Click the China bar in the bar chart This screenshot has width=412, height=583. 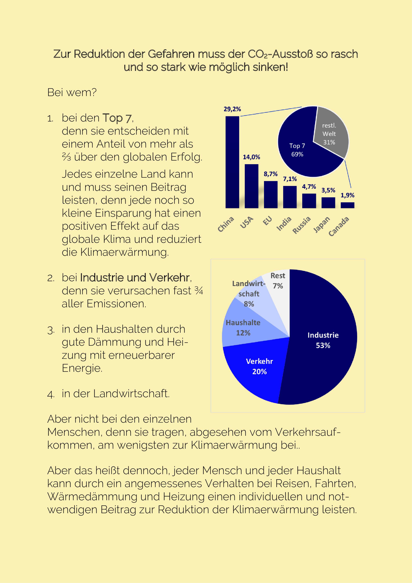click(232, 162)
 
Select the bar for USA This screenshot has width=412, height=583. click(251, 186)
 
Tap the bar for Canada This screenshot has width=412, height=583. click(347, 205)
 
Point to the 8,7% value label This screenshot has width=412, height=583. click(271, 174)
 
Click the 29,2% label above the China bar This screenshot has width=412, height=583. click(232, 109)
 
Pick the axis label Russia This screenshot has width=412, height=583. click(302, 225)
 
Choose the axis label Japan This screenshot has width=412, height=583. click(322, 225)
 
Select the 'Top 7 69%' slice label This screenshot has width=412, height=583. click(297, 150)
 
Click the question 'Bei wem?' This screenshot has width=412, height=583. click(72, 92)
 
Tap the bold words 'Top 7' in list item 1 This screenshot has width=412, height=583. click(117, 118)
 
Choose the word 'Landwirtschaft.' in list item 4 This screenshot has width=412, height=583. click(131, 394)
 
